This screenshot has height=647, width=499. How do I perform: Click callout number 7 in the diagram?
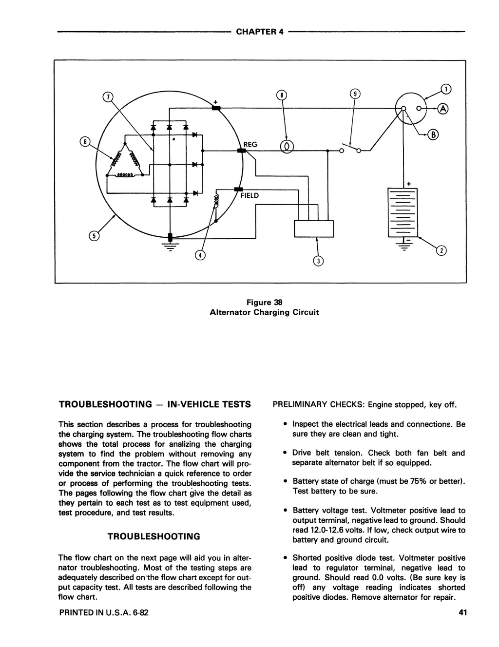[x=108, y=97]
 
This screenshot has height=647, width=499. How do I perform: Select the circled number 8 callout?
[x=282, y=95]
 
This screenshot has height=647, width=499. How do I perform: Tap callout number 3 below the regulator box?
[x=318, y=261]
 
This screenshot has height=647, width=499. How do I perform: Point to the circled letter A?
[x=443, y=109]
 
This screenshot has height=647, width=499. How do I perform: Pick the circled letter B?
[x=433, y=135]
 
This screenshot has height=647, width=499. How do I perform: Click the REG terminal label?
[x=250, y=145]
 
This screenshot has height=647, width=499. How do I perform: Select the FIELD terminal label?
[x=249, y=196]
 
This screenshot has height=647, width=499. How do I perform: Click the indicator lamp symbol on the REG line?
[x=287, y=147]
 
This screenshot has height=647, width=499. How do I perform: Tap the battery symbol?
[x=403, y=212]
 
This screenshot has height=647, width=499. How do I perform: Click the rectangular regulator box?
[x=314, y=228]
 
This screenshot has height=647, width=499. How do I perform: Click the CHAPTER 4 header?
[x=260, y=32]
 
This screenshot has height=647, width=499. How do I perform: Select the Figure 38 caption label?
[x=265, y=303]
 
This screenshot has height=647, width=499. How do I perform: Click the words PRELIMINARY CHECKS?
[x=318, y=405]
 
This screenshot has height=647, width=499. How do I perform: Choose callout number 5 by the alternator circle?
[x=94, y=236]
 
